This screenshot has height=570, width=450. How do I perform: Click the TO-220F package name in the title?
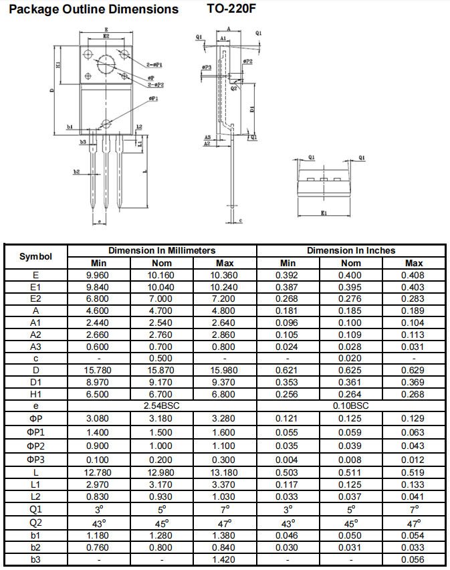pos(231,8)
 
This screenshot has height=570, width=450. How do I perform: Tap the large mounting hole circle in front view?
pos(106,65)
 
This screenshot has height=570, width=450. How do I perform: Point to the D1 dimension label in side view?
pos(252,108)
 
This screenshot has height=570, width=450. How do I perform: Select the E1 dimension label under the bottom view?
pos(324,213)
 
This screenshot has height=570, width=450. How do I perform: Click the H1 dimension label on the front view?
pos(58,65)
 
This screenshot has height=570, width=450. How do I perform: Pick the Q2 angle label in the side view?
pos(233,88)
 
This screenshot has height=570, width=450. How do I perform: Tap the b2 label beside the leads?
pos(76,171)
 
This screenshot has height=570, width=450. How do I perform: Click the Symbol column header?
pos(35,256)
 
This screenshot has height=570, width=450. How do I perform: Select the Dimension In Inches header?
pos(351,250)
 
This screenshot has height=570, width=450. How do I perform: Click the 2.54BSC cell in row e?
pos(162,405)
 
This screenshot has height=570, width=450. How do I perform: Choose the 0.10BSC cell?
pos(351,405)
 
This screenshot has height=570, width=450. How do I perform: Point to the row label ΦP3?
pos(35,460)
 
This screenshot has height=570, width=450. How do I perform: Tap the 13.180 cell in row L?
pos(225,472)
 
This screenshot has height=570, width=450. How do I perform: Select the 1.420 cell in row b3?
pos(223,560)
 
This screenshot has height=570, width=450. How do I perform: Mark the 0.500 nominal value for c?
pos(160,359)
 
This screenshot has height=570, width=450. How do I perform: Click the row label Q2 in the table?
pos(35,522)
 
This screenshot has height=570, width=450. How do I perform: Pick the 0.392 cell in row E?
pos(287,275)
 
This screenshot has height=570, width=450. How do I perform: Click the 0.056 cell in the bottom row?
pos(413,560)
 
